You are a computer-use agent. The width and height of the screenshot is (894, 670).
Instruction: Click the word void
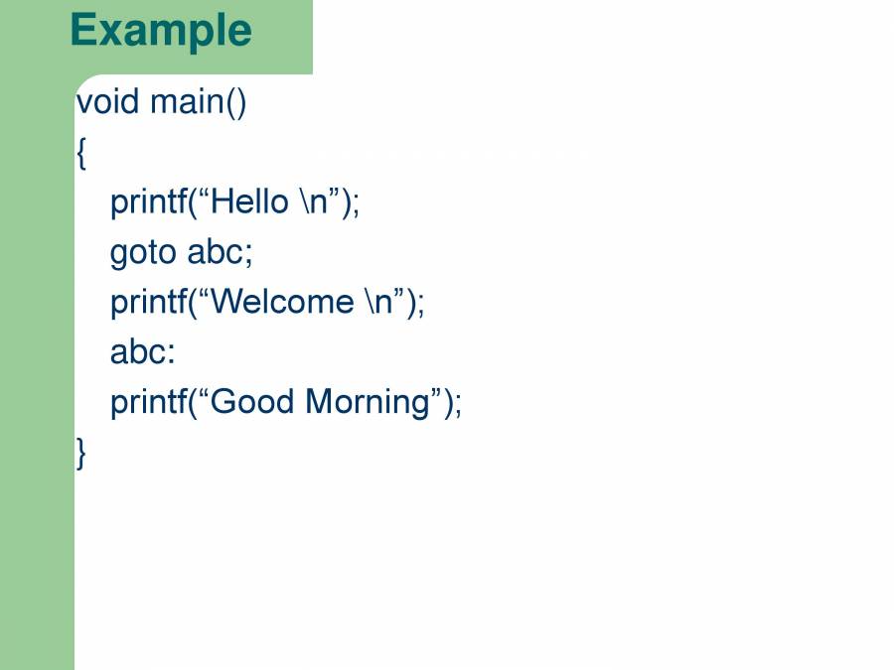coord(107,101)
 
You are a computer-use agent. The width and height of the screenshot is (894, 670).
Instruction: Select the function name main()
coord(199,102)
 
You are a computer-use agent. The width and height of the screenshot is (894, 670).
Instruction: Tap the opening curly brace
coord(81,153)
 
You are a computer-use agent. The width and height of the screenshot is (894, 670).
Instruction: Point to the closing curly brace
coord(81,453)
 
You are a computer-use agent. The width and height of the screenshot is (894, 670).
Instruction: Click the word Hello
coord(249,201)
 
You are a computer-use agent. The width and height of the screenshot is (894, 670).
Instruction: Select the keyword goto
coord(143,253)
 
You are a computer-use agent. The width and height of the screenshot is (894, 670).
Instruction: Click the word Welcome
coord(282,302)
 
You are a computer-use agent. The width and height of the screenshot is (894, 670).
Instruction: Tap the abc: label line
coord(142,351)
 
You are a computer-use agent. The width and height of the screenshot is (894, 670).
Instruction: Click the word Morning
coord(368,403)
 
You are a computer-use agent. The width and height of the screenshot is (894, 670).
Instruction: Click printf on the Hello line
coord(149,202)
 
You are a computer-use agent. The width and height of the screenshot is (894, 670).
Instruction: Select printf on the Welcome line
coord(149,303)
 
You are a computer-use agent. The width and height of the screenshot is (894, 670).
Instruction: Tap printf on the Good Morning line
coord(149,403)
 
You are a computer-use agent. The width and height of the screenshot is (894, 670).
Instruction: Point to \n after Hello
coord(314,201)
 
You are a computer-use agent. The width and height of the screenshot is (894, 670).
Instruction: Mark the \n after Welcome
coord(379,302)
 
